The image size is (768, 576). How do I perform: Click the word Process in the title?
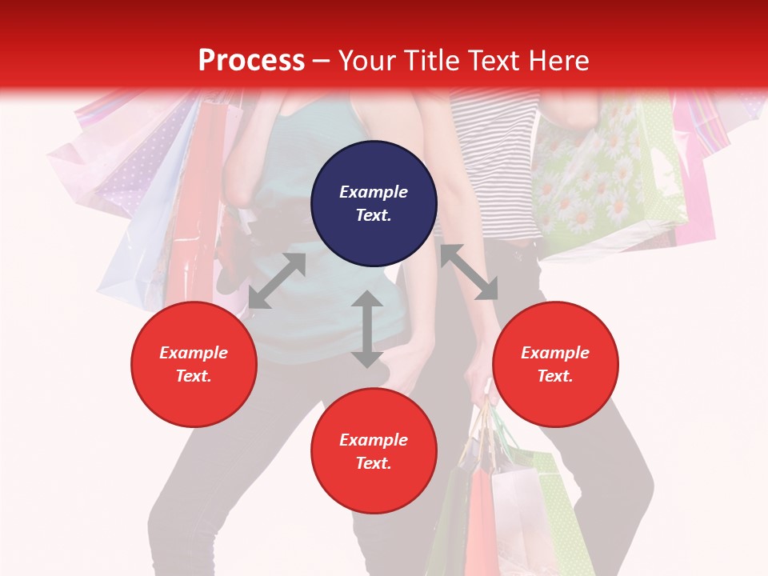coord(251,60)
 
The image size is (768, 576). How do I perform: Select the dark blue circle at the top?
coord(374,203)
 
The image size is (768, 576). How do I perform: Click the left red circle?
coord(194,364)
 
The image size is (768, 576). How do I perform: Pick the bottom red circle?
coord(374,450)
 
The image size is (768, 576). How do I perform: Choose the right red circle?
coord(554,364)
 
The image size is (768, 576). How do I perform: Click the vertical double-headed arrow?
coord(367,329)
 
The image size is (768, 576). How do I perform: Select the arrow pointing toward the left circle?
coord(277,281)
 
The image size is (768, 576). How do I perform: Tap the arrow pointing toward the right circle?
coord(469,272)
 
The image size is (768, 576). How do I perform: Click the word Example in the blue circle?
coord(374,192)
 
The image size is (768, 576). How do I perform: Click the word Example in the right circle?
coord(554,353)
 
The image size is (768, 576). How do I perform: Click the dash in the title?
coord(322,61)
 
